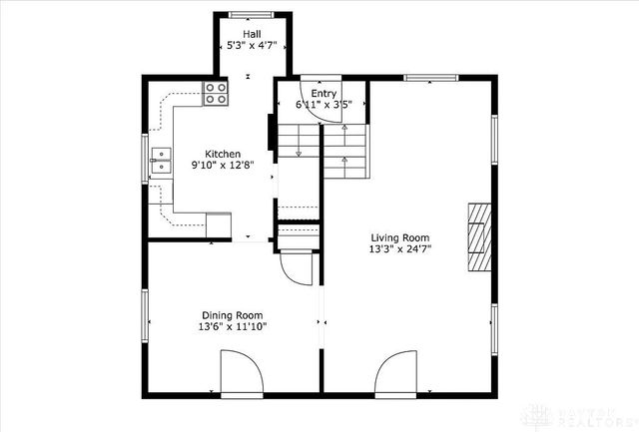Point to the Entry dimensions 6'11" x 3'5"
click(322, 104)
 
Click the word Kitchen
click(223, 154)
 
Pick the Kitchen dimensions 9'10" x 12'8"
click(223, 166)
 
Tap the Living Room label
click(400, 237)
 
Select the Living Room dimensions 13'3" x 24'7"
click(400, 249)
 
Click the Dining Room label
click(232, 314)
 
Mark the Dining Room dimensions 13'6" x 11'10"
click(232, 326)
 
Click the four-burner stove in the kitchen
click(217, 93)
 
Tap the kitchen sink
click(160, 162)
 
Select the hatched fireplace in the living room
click(481, 236)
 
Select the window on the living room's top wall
click(431, 78)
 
